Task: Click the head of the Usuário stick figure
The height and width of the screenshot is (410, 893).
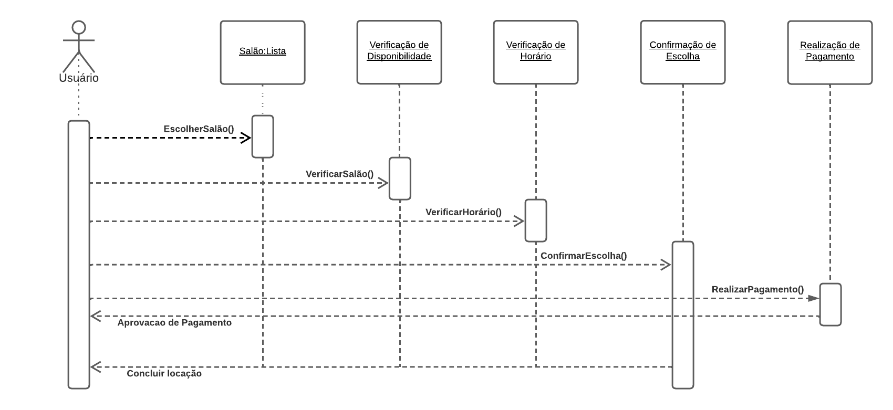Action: point(79,27)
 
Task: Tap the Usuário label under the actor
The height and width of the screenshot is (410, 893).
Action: point(79,78)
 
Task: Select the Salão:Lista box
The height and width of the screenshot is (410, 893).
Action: point(263,52)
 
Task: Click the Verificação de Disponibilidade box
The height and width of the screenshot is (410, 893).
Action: point(399,52)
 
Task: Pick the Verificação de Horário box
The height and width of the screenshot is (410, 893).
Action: point(536,52)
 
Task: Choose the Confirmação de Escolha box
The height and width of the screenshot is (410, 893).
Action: point(683,52)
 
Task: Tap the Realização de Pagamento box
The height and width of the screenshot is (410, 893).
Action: point(830,52)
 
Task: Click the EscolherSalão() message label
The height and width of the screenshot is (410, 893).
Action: point(199,129)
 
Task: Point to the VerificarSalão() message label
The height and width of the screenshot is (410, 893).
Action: point(339,174)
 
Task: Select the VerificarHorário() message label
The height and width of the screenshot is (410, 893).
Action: point(463,212)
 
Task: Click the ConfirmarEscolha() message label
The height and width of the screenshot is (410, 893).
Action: point(584,256)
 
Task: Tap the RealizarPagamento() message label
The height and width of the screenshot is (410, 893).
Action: point(757,289)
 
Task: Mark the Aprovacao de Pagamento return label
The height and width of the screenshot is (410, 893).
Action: point(174,322)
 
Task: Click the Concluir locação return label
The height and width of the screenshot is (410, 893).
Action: point(164,373)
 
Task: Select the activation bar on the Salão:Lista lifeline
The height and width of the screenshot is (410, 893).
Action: point(263,136)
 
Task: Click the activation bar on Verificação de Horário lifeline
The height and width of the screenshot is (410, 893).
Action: point(536,220)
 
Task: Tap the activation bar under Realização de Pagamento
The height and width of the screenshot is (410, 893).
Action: point(830,304)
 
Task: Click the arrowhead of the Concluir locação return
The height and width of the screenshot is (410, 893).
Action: point(95,367)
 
